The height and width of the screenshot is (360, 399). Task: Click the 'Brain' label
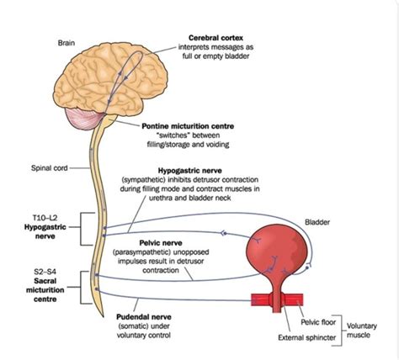click(68, 41)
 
